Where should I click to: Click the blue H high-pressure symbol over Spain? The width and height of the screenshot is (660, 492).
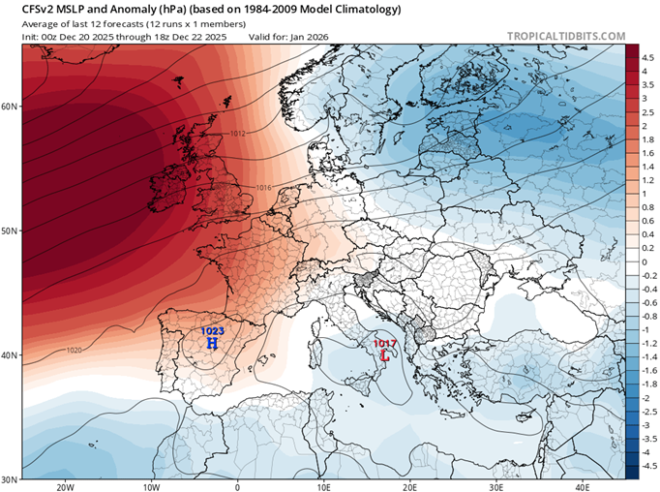212,344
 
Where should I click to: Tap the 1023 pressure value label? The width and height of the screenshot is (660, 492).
212,331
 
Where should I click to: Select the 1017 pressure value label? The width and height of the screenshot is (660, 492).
386,344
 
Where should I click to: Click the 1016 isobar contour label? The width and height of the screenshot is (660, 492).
264,188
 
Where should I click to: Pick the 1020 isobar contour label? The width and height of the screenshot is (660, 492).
74,350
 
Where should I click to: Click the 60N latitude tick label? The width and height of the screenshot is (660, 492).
11,107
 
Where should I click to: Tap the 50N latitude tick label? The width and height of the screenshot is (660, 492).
11,231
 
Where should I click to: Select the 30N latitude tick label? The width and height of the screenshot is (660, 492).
11,479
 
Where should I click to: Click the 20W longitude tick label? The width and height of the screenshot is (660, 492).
66,487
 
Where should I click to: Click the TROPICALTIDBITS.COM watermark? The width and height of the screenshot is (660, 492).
566,37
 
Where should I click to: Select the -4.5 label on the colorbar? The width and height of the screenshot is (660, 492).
645,465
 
